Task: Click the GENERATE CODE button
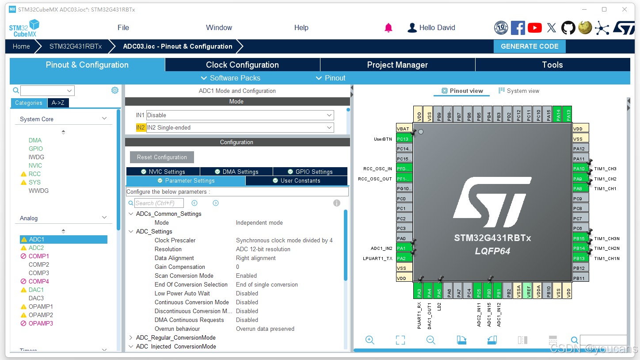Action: pyautogui.click(x=530, y=46)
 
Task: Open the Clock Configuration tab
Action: pyautogui.click(x=242, y=65)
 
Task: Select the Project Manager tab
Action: pyautogui.click(x=397, y=65)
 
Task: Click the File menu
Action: pyautogui.click(x=123, y=27)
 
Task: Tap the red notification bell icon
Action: pyautogui.click(x=389, y=28)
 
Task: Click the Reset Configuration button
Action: pyautogui.click(x=162, y=157)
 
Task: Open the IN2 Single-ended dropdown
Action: pyautogui.click(x=240, y=128)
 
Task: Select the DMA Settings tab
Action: pyautogui.click(x=236, y=172)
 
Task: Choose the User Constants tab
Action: pyautogui.click(x=296, y=181)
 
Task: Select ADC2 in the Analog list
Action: pyautogui.click(x=36, y=248)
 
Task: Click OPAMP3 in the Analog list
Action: pyautogui.click(x=41, y=323)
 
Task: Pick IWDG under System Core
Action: pyautogui.click(x=36, y=157)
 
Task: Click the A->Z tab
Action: pyautogui.click(x=58, y=103)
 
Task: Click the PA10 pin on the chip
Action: pyautogui.click(x=580, y=169)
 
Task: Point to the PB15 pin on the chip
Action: pyautogui.click(x=580, y=238)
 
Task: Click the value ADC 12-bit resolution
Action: pyautogui.click(x=263, y=249)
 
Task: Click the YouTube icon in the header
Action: pyautogui.click(x=534, y=28)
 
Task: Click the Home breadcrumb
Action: pyautogui.click(x=21, y=46)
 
